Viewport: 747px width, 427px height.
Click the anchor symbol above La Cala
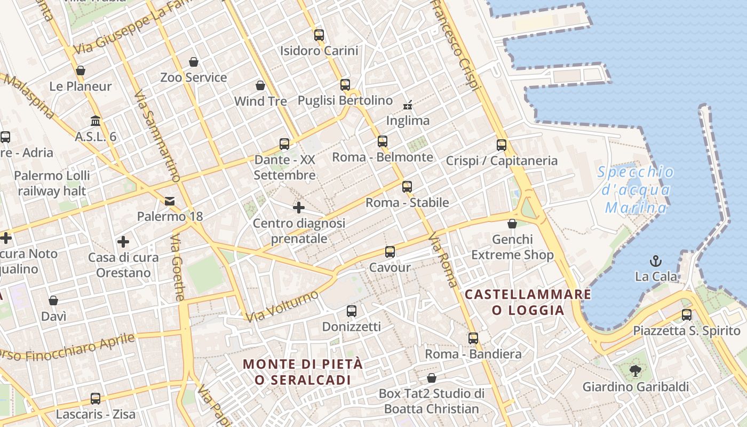(x=655, y=261)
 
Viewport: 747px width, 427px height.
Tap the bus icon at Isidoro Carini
(x=319, y=35)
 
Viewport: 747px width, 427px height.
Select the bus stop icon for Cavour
(x=390, y=252)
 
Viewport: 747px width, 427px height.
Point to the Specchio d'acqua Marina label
(x=635, y=189)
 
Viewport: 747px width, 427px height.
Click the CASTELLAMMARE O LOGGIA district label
(x=528, y=302)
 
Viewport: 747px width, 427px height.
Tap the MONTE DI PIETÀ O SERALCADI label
(x=303, y=372)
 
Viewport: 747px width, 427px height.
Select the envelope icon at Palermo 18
(x=170, y=201)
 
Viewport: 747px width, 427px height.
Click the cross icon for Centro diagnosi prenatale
(x=299, y=208)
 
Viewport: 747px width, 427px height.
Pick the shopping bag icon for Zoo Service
(x=194, y=62)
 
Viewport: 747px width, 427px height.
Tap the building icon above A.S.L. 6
(x=96, y=121)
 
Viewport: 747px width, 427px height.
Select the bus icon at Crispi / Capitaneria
(x=502, y=145)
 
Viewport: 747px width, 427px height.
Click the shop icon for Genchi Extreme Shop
(x=512, y=224)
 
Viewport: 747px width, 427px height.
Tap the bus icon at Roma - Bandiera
(x=473, y=338)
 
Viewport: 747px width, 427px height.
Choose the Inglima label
(x=408, y=121)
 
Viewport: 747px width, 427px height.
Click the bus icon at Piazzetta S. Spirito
(x=687, y=315)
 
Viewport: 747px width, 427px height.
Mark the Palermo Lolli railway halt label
(x=52, y=183)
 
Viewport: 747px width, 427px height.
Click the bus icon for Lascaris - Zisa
(x=96, y=398)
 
